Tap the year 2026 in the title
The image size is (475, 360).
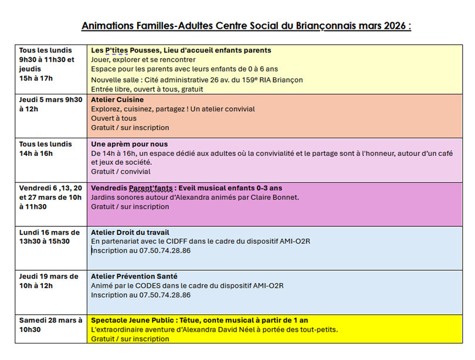pos(395,26)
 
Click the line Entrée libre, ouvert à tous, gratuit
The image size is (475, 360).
pos(147,89)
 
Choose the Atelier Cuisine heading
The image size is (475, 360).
pos(117,100)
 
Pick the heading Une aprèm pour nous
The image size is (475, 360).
pos(129,144)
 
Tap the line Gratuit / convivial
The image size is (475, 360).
pos(120,172)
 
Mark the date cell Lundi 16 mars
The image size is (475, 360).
pos(49,236)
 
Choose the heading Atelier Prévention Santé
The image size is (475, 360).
pos(134,276)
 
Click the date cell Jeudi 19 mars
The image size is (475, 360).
pos(49,280)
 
